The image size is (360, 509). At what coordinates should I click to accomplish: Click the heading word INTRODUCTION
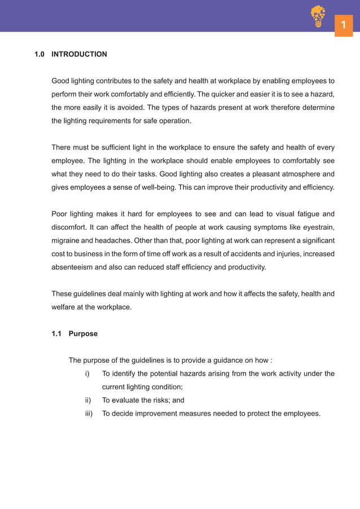point(79,54)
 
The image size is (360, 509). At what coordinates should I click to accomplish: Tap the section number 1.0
point(39,54)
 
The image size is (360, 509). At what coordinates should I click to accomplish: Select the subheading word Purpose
point(83,334)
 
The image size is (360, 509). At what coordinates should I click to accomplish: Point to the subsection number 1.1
point(56,334)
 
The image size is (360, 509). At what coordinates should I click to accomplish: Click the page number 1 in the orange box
point(343,25)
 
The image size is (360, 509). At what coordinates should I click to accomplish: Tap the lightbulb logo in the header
point(318,16)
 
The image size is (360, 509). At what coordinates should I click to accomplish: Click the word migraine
point(66,240)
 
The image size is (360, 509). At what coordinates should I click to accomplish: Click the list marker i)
point(87,374)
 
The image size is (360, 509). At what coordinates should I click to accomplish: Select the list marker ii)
point(87,400)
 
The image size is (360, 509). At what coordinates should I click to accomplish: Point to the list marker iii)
point(87,414)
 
